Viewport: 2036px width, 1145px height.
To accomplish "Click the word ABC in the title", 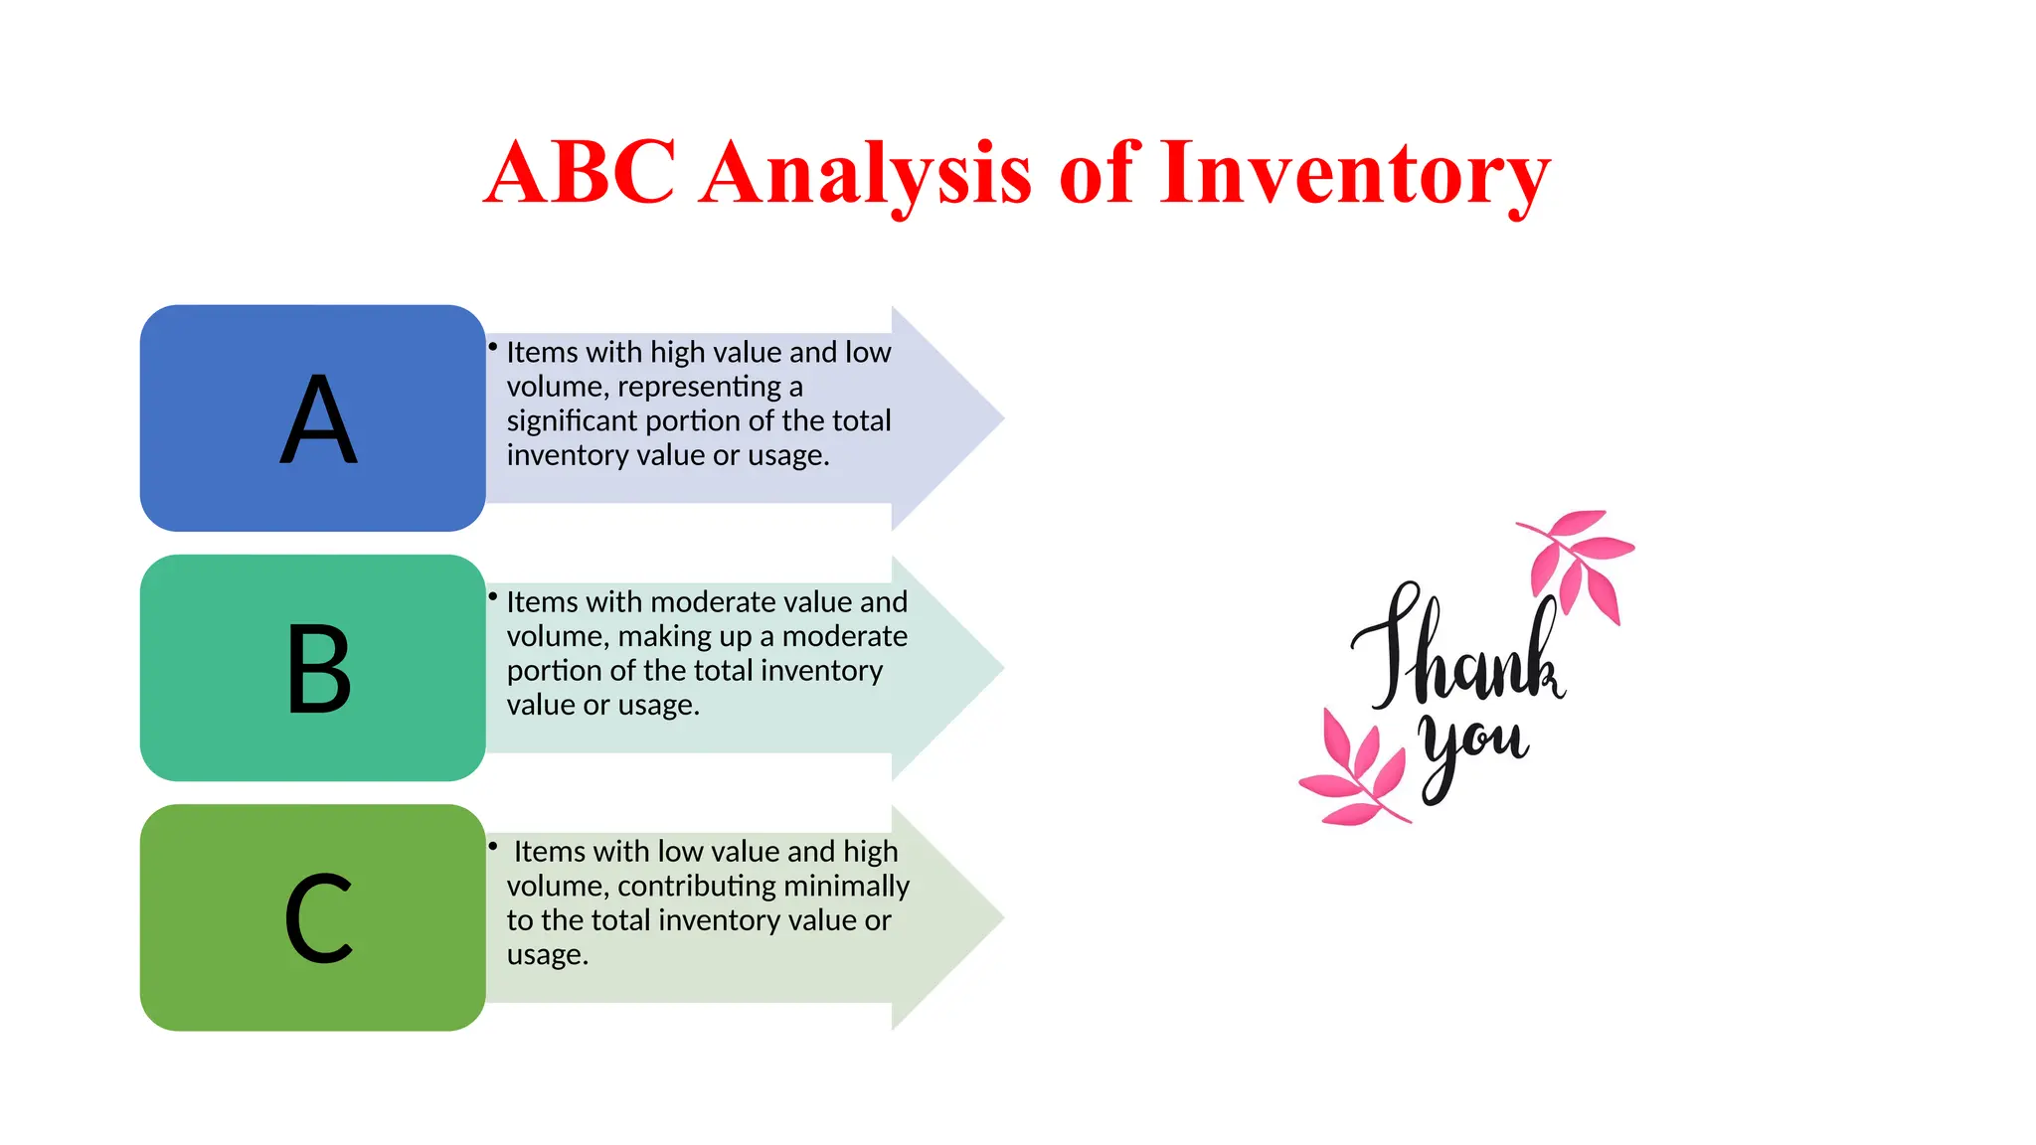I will pyautogui.click(x=580, y=173).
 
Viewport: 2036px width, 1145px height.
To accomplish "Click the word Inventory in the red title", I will pyautogui.click(x=1354, y=173).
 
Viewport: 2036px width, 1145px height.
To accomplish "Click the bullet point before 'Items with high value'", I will pyautogui.click(x=492, y=347).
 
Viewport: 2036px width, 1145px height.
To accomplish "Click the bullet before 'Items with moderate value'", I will pyautogui.click(x=492, y=596).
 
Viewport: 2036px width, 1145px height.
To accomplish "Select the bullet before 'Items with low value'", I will pyautogui.click(x=492, y=846).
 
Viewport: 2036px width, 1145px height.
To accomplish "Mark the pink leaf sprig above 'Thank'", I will pyautogui.click(x=1581, y=562).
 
